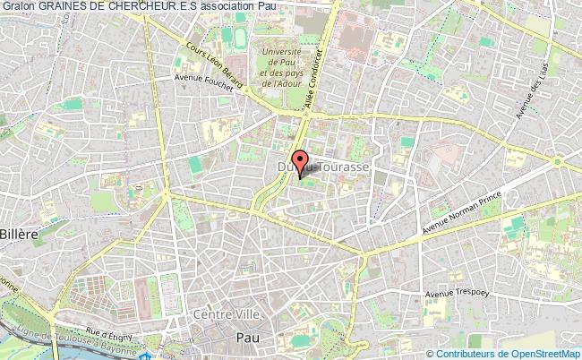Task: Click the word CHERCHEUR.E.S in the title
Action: (159, 7)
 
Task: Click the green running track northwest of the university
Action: (240, 36)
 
